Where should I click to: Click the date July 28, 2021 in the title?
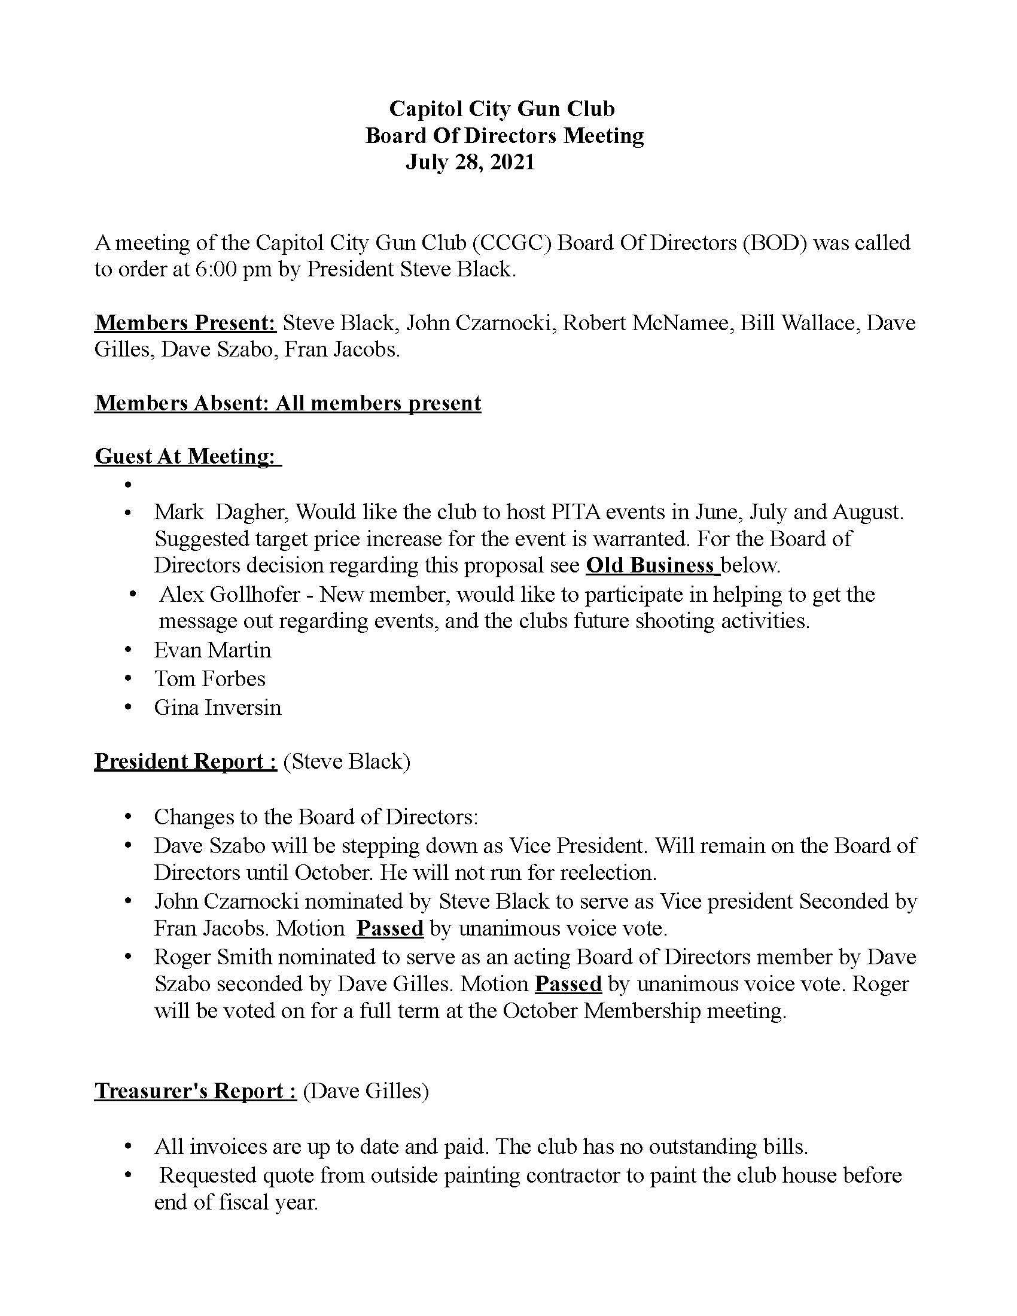tap(470, 162)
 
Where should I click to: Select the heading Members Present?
tap(185, 323)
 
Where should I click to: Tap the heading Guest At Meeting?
tap(187, 456)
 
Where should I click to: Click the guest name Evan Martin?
tap(212, 650)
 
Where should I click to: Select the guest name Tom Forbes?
tap(209, 678)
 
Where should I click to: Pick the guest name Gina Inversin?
tap(218, 707)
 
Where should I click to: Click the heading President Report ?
tap(185, 761)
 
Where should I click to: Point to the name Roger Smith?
tap(212, 957)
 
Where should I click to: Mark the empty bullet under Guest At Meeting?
tap(128, 485)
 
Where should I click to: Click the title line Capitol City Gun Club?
tap(502, 109)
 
